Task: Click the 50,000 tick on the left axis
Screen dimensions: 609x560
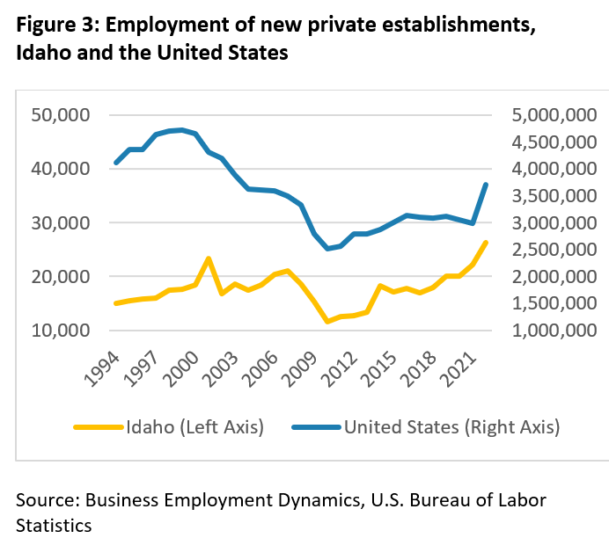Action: [x=61, y=115]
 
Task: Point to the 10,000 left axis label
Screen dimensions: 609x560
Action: [x=61, y=331]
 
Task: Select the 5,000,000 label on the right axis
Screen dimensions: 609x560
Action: [x=554, y=115]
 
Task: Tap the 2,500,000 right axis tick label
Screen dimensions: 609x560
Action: [x=554, y=250]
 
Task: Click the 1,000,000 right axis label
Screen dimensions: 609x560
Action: [x=554, y=331]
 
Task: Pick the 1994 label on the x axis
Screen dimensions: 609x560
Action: [x=102, y=369]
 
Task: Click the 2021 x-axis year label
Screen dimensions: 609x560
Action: [x=460, y=369]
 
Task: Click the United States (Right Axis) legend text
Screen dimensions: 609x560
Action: [x=452, y=427]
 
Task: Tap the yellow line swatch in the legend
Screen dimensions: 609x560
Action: [x=99, y=427]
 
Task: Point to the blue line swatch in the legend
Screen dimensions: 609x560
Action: [x=316, y=427]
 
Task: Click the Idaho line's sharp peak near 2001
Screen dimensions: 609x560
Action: [x=209, y=258]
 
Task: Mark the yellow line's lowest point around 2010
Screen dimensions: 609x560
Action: [x=327, y=322]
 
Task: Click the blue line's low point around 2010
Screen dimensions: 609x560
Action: [x=327, y=249]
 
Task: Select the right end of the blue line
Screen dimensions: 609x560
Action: [x=486, y=185]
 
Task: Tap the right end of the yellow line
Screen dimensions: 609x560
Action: [x=486, y=243]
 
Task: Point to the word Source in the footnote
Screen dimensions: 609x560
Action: [x=48, y=500]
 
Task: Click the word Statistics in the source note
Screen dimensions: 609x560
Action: [x=54, y=526]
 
